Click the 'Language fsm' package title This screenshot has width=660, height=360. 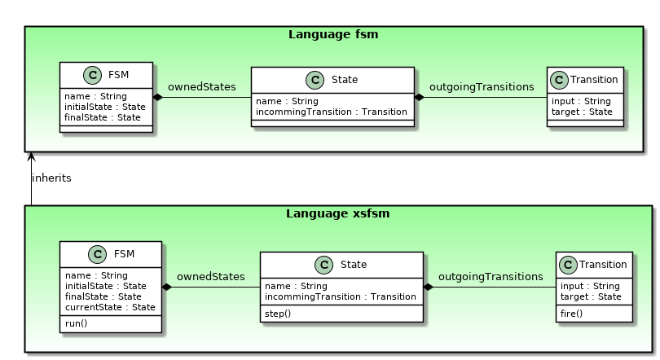click(333, 34)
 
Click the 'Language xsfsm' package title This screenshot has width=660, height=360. click(337, 213)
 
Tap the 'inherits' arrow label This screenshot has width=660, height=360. click(51, 178)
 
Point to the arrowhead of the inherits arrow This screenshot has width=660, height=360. click(31, 156)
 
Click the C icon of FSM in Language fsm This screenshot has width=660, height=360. click(91, 77)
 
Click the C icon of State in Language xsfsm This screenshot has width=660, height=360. click(323, 265)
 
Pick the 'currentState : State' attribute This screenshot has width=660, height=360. click(109, 307)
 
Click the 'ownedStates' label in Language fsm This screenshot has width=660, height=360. click(201, 86)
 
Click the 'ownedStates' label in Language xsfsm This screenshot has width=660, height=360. click(210, 276)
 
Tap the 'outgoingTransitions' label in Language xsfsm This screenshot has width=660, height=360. click(490, 276)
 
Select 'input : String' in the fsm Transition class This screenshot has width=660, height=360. click(581, 101)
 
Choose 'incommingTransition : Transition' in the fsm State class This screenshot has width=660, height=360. click(332, 112)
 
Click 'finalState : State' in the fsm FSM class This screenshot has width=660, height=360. click(102, 117)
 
